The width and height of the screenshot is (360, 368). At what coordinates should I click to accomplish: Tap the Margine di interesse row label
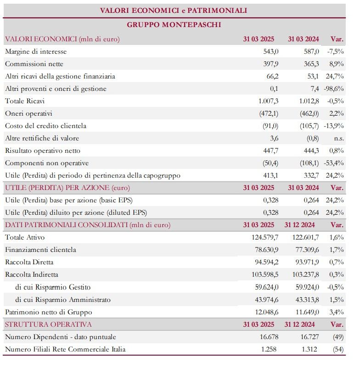pyautogui.click(x=36, y=51)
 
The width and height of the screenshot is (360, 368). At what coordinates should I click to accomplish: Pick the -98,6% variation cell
pyautogui.click(x=335, y=89)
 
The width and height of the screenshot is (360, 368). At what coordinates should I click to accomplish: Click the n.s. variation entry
pyautogui.click(x=337, y=138)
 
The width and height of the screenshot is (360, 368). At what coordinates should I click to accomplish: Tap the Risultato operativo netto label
pyautogui.click(x=43, y=151)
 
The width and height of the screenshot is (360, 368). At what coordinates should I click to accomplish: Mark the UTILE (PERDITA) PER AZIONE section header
pyautogui.click(x=67, y=188)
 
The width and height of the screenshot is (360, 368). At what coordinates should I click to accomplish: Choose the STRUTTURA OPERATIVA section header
pyautogui.click(x=48, y=324)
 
